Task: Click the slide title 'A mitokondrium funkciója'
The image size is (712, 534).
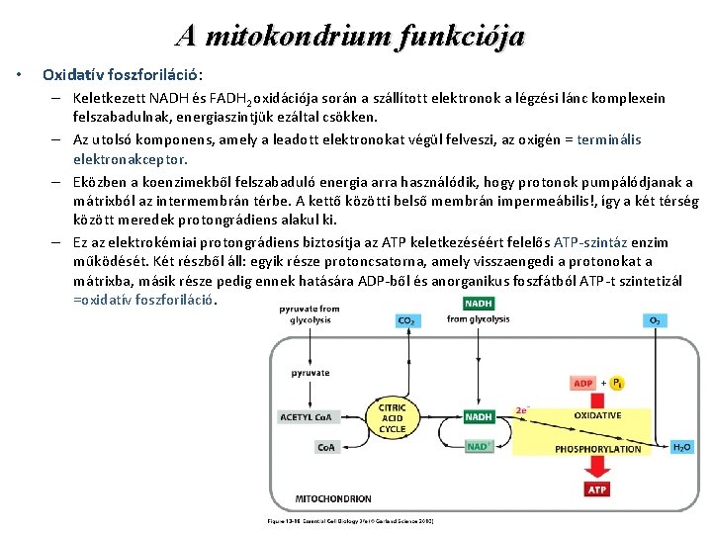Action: [350, 37]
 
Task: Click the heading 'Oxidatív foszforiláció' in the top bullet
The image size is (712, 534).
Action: [122, 75]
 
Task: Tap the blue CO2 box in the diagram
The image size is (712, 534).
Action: [406, 320]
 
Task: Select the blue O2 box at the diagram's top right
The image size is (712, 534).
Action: [654, 320]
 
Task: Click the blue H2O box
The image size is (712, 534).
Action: [681, 447]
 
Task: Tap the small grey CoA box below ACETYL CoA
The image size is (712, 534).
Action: [326, 447]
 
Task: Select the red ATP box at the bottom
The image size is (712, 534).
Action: [597, 489]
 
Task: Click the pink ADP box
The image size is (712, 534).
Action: [583, 383]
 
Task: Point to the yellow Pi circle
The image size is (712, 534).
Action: [617, 383]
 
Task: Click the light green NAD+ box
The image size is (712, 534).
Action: [479, 446]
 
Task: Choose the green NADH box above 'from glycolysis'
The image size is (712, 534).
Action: [479, 304]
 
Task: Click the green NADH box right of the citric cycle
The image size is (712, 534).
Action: [479, 416]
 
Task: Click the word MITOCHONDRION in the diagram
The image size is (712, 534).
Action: [333, 498]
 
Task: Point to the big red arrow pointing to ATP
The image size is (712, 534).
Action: [597, 467]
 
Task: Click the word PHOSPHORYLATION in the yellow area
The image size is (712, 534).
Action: [597, 448]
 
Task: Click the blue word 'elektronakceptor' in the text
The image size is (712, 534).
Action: [130, 158]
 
